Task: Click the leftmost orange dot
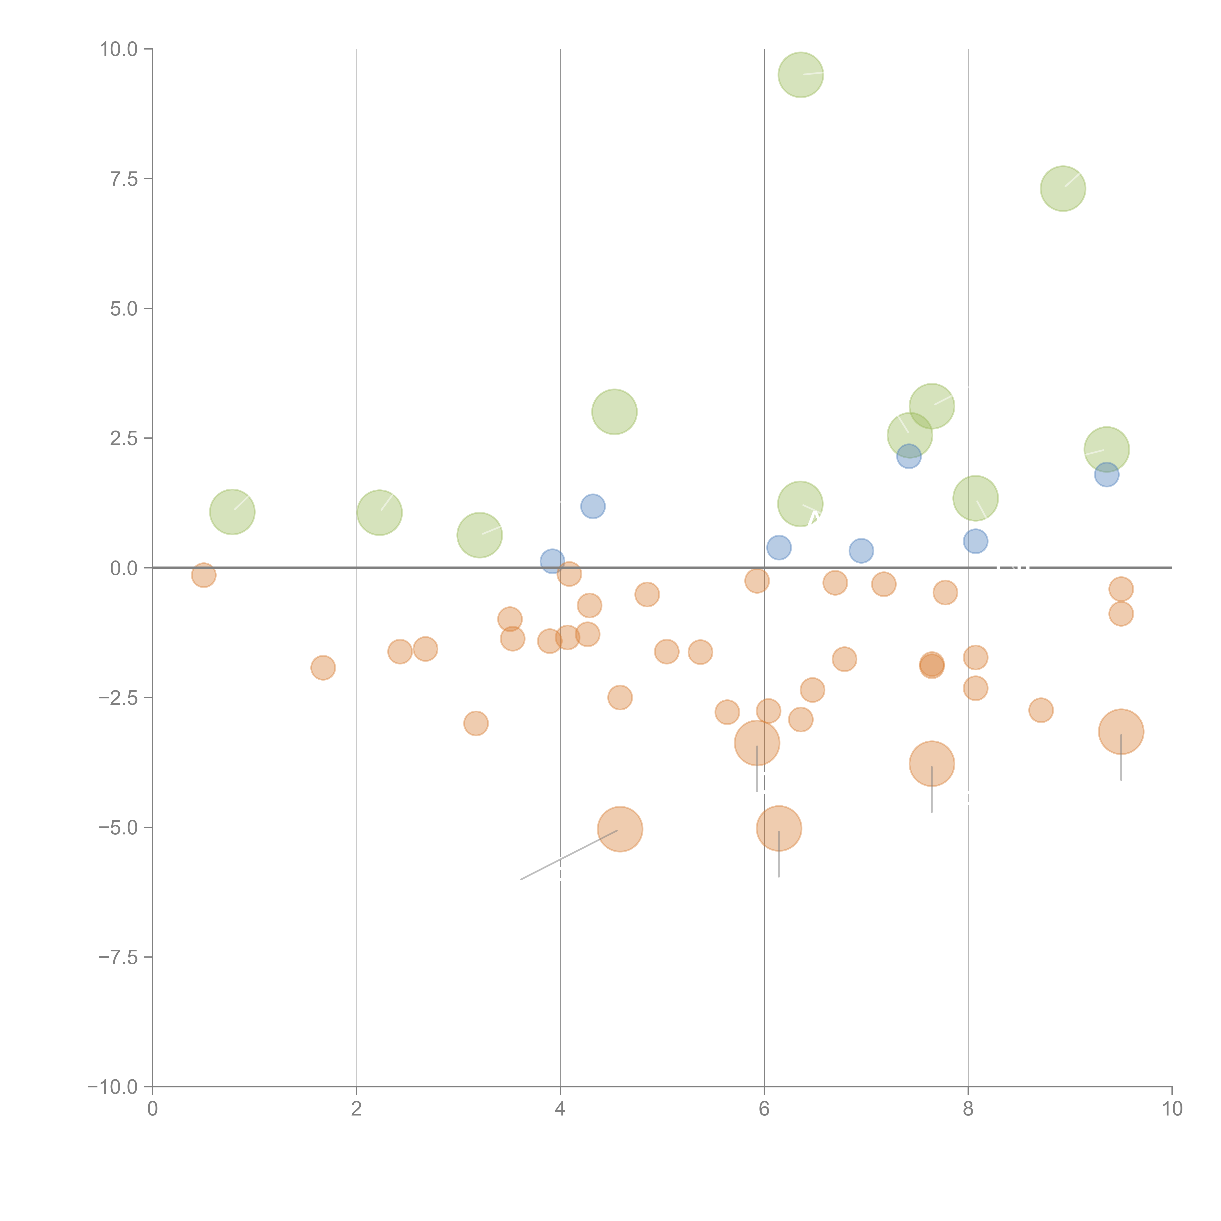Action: coord(203,575)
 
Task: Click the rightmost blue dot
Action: coord(1107,474)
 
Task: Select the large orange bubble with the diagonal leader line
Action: coord(620,829)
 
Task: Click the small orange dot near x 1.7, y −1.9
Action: coord(323,667)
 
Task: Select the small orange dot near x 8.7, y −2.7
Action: coord(1041,710)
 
